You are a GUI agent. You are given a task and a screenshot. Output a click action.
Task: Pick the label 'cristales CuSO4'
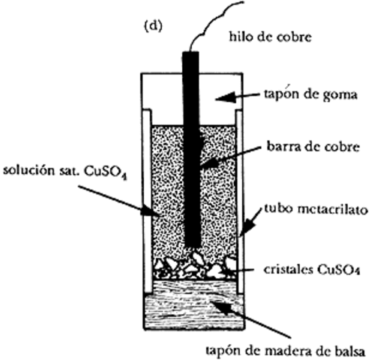306,267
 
